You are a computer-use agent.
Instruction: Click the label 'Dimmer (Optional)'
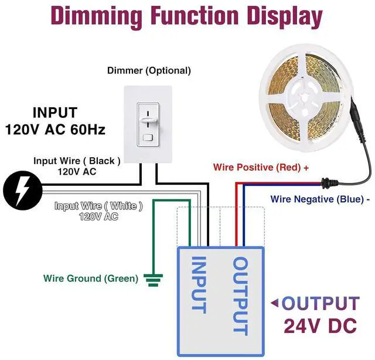[149, 70]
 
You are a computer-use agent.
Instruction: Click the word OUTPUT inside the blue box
[241, 296]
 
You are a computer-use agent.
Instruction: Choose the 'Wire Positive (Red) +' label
[261, 167]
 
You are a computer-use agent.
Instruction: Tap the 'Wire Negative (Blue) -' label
[320, 199]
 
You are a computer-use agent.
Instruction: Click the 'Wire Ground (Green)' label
[91, 278]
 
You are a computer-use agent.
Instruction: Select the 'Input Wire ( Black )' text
[77, 161]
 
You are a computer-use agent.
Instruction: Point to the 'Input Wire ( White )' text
[98, 206]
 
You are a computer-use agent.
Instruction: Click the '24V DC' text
[321, 325]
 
